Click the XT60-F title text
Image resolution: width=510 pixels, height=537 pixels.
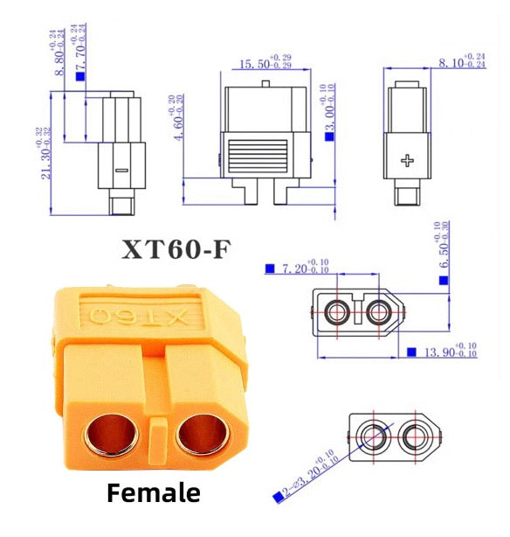[x=176, y=250]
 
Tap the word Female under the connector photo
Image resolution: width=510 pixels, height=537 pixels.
[x=154, y=492]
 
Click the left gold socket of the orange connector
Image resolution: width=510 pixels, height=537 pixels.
[x=109, y=434]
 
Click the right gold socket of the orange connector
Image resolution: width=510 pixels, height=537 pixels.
[x=203, y=434]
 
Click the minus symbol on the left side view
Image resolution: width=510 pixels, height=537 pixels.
[x=121, y=169]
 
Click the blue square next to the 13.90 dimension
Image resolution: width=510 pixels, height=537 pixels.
[x=410, y=352]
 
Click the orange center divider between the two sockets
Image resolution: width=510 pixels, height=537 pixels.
[x=156, y=436]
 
